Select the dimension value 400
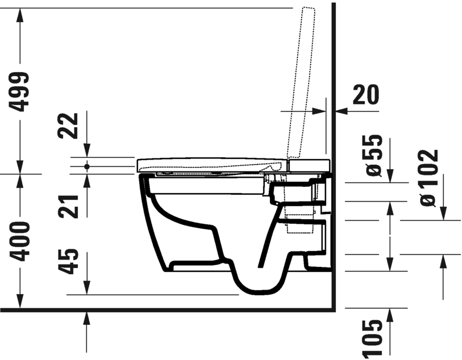20,241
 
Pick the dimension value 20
366,95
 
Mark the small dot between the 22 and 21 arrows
86,166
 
